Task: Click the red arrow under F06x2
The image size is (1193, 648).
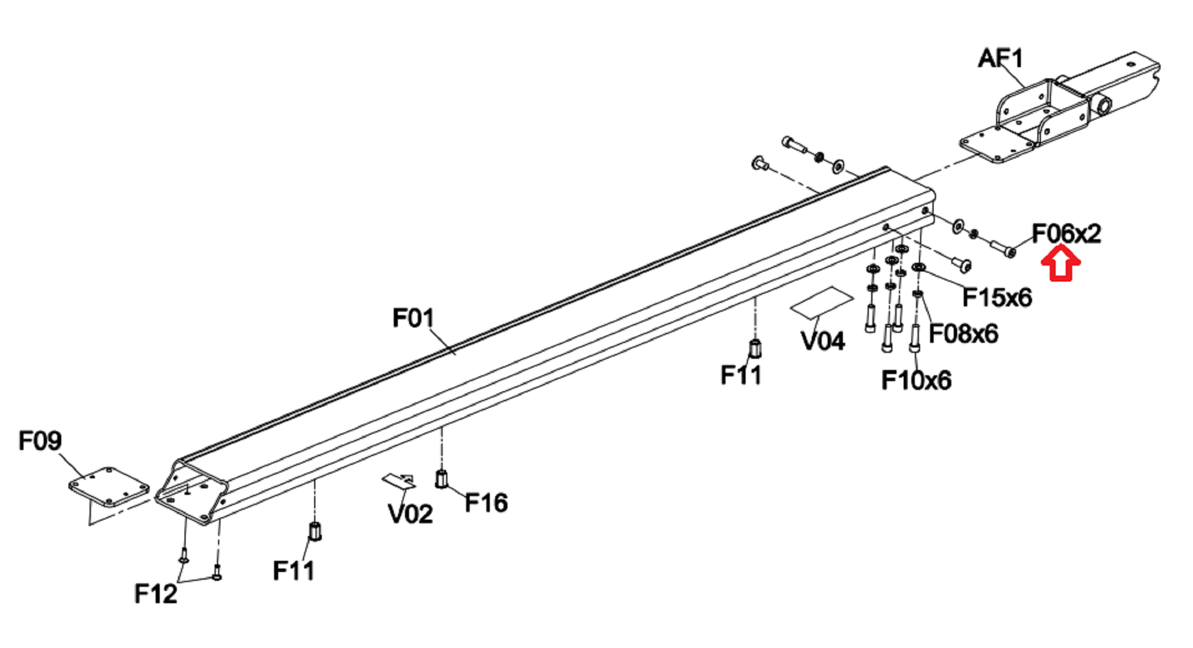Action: [1060, 265]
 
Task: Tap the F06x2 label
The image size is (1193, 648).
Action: [1066, 234]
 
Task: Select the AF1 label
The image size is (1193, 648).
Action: [1000, 58]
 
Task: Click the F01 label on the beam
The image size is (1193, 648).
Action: [413, 318]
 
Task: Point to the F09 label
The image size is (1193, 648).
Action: [39, 441]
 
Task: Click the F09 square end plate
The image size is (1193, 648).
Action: [109, 487]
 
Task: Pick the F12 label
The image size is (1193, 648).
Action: [156, 594]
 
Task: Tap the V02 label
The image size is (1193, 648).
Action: [410, 514]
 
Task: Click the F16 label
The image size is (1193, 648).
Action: [486, 503]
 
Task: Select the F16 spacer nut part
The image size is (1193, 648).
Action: [441, 478]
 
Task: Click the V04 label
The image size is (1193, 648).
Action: [823, 341]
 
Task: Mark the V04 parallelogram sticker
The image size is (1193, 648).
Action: [822, 302]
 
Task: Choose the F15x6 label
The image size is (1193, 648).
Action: [997, 297]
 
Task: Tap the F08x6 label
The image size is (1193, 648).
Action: [963, 334]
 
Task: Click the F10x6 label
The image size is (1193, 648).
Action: [916, 381]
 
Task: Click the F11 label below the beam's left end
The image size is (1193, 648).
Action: [293, 571]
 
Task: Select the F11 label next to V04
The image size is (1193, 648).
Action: [741, 375]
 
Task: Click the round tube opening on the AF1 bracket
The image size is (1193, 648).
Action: [1103, 106]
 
